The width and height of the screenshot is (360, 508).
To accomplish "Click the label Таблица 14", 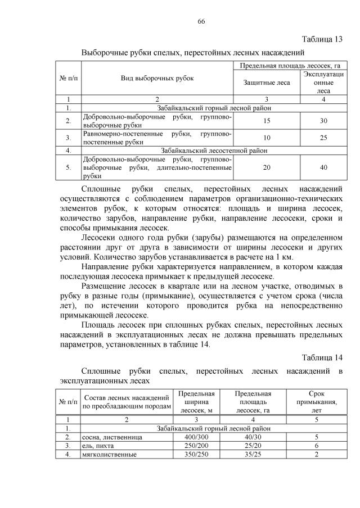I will [322, 357].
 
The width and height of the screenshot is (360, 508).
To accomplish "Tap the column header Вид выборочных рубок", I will [157, 78].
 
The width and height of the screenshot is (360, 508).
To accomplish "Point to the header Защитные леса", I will [267, 83].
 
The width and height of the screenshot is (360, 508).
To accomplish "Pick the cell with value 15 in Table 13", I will [267, 120].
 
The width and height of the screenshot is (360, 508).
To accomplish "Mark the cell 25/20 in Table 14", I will [253, 446].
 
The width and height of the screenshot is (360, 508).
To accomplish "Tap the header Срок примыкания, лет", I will [317, 402].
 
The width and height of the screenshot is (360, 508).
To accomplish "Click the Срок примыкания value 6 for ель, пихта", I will [317, 446].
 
